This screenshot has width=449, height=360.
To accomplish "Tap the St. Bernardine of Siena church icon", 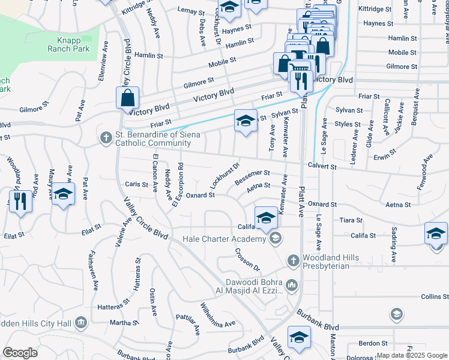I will (105, 138).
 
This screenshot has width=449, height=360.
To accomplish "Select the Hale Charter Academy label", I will (232, 239).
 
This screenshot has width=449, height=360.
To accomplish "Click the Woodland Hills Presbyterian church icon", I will (292, 260).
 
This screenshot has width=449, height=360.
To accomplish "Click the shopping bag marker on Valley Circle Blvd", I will (128, 98).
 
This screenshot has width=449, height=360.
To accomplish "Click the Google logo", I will (20, 353).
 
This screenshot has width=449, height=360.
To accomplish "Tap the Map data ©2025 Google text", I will (411, 355).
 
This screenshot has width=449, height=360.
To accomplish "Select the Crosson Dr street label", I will (247, 259).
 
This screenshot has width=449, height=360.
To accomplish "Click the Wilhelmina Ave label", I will (217, 317).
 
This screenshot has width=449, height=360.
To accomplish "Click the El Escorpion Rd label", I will (178, 185).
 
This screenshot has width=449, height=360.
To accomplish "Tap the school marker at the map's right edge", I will (436, 233).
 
